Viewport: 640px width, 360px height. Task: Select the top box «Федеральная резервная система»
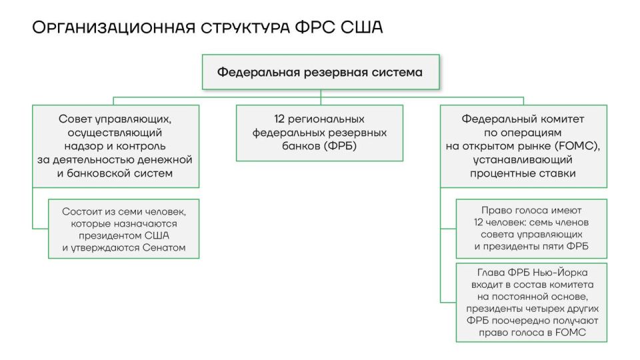point(320,72)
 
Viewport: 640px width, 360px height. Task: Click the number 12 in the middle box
point(281,119)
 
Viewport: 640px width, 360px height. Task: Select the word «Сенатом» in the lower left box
point(163,248)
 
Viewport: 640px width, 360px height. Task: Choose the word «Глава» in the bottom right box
point(491,272)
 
